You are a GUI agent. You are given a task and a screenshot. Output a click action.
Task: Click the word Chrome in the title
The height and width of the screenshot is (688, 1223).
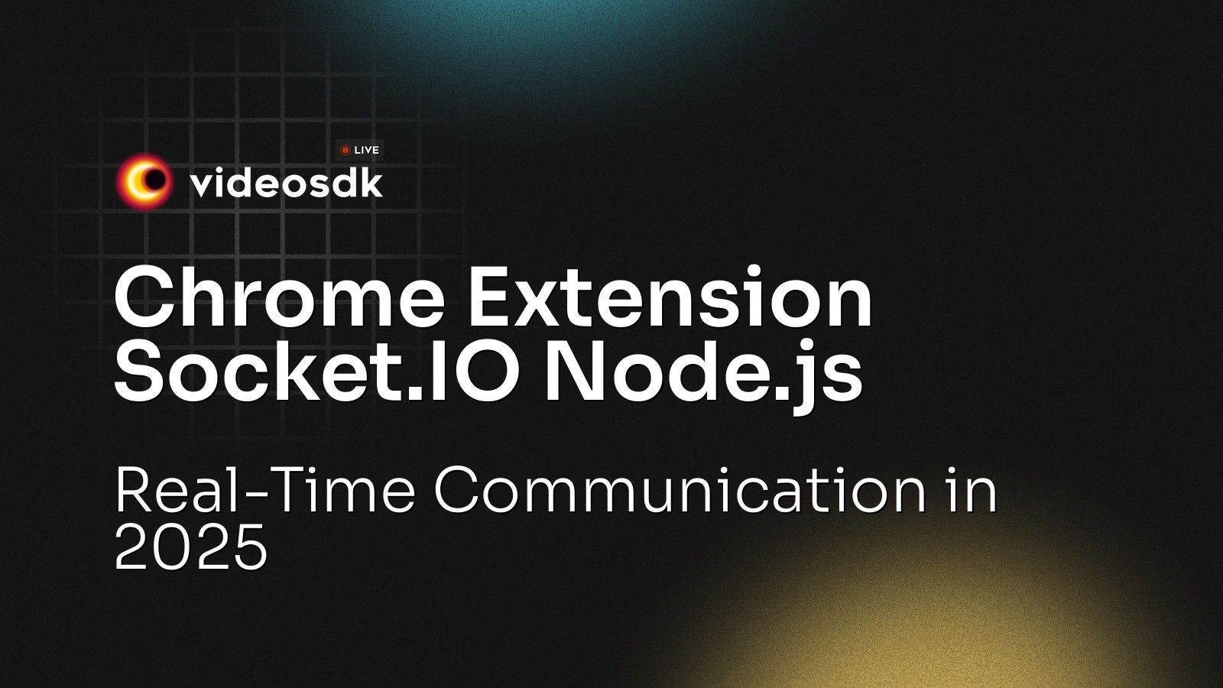pos(279,299)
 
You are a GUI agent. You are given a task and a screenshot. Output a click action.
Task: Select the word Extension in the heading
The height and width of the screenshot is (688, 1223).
pos(670,299)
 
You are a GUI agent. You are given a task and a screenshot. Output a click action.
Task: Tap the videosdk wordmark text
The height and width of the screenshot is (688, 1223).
pos(286,183)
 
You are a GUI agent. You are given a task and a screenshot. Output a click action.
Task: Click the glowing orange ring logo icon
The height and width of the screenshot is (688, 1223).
pos(143,181)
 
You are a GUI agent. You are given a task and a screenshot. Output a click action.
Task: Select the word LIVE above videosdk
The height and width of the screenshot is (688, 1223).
pos(367,151)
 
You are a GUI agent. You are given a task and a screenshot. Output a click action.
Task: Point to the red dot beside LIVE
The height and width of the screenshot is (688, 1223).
pos(345,151)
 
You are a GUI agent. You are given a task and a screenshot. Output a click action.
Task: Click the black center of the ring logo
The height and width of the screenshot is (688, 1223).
pos(155,180)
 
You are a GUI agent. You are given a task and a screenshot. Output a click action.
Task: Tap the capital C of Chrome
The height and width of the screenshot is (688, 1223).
pos(146,299)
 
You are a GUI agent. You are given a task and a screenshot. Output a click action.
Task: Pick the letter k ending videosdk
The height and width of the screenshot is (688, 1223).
pos(370,183)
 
